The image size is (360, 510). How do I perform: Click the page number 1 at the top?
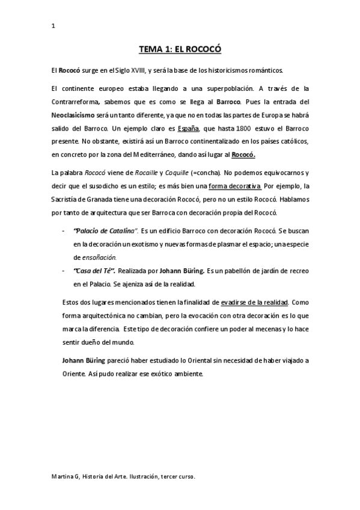tap(53, 26)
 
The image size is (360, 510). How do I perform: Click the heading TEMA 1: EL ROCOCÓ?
tap(180, 50)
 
